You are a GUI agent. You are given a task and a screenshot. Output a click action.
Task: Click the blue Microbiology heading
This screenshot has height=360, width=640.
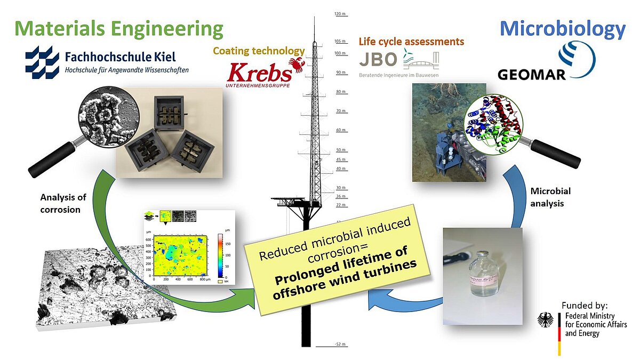(562, 29)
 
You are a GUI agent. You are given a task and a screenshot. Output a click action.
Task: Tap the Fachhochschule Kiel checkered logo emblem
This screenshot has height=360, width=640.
(43, 62)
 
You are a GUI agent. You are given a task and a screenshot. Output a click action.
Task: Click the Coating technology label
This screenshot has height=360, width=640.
(259, 51)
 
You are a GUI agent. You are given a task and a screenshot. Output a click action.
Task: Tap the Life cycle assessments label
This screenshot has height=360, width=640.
(411, 42)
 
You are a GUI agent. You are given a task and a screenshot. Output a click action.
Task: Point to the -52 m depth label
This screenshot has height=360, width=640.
(341, 345)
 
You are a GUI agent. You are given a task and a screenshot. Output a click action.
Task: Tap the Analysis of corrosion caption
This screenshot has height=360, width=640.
(63, 203)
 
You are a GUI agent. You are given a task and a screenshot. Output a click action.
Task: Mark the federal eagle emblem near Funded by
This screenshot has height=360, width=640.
(548, 320)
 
